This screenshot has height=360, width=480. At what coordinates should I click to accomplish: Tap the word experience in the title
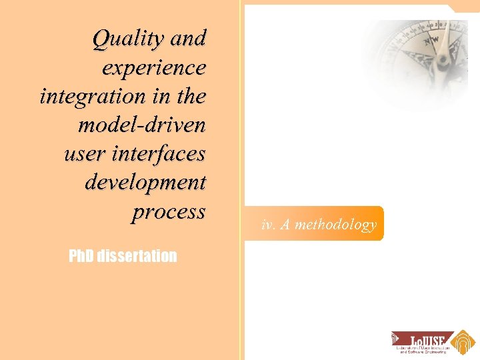154,68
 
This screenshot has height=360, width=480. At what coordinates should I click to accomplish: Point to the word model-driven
141,125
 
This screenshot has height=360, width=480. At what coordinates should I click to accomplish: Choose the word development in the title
145,182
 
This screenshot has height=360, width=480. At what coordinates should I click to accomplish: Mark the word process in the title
169,212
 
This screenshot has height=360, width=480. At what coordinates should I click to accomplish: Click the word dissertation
137,256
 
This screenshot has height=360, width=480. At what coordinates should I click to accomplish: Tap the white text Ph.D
81,256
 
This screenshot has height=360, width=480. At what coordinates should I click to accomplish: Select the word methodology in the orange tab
335,225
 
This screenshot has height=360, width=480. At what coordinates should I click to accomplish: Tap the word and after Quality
188,39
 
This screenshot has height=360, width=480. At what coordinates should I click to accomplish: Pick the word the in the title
191,97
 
